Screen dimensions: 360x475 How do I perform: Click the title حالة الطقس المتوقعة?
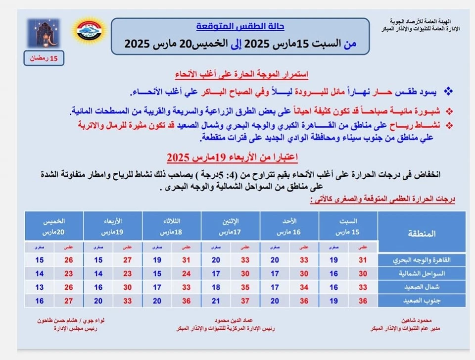click(240, 27)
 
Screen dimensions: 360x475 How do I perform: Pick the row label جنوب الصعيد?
click(422, 300)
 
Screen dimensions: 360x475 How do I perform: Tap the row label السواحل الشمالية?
click(422, 273)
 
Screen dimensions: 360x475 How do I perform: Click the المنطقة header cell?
click(422, 233)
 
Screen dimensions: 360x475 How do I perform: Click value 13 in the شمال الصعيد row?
click(40, 287)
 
